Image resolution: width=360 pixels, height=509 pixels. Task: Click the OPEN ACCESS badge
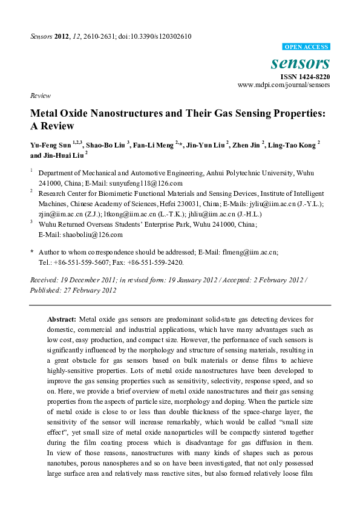coord(306,47)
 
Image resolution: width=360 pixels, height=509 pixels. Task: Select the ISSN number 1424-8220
coord(313,77)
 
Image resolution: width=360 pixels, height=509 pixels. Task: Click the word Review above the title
coord(39,96)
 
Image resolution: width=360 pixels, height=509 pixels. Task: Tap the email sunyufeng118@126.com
coord(149,183)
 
